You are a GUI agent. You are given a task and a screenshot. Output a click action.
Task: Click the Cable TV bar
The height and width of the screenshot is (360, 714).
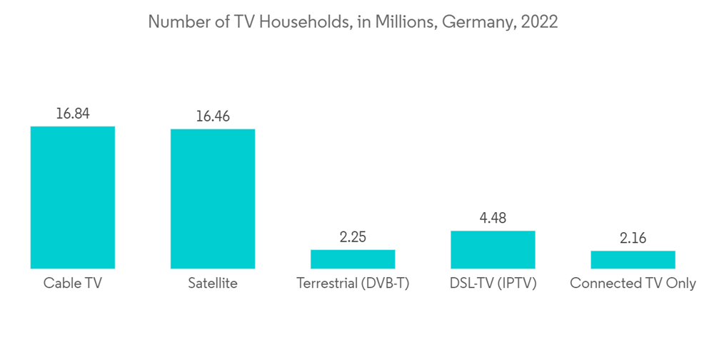point(72,197)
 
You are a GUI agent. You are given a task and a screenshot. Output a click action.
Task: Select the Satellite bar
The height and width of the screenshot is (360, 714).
point(212,199)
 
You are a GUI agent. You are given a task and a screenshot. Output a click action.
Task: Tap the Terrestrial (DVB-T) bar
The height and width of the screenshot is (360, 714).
point(353,259)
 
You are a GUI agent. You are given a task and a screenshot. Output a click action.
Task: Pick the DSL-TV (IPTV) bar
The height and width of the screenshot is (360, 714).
point(493,249)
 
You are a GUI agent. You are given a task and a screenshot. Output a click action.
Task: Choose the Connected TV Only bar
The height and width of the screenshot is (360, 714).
point(633,259)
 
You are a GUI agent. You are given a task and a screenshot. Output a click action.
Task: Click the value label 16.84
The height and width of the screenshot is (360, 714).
point(72,113)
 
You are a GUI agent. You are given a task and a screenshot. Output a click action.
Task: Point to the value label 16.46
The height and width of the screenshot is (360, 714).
point(212,116)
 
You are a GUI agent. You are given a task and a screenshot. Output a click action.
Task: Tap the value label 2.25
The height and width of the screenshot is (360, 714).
point(353,237)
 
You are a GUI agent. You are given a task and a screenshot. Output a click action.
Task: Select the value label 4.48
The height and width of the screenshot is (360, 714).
point(493,218)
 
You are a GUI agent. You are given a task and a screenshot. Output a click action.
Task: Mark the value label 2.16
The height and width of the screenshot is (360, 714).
point(633,238)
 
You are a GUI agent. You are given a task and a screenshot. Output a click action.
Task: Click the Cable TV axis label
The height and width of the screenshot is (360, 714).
point(72,284)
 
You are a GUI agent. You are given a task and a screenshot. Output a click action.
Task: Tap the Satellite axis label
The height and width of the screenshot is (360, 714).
point(212,284)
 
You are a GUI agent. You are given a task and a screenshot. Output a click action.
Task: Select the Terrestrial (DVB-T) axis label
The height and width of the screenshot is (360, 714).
point(353,284)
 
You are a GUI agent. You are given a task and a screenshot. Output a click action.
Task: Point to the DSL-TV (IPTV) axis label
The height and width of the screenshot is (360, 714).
point(493,284)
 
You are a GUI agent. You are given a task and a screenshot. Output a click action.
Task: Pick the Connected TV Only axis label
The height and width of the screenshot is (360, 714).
point(633,284)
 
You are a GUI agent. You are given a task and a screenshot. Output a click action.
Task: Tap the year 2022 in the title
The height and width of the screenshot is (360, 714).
point(540,22)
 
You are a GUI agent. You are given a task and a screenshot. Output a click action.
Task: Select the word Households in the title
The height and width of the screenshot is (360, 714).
point(302,22)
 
